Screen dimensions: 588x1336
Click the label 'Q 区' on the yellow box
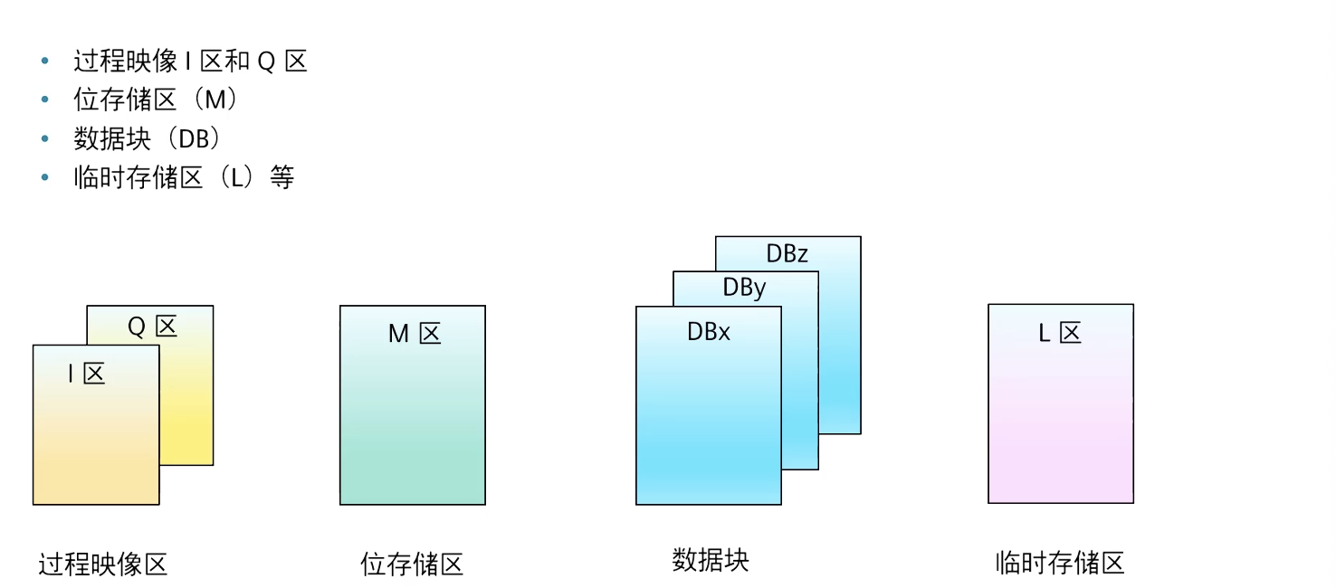151,327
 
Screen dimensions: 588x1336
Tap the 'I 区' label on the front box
87,373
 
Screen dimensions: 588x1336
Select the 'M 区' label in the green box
415,334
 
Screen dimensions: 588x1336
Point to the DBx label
709,332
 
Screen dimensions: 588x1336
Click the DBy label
744,288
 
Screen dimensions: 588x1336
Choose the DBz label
787,254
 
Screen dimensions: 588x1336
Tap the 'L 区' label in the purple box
1060,333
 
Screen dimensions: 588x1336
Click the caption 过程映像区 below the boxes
103,564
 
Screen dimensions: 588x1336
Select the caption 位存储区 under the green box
412,564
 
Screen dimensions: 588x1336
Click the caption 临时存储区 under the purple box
1060,563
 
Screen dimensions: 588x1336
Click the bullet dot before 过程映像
45,62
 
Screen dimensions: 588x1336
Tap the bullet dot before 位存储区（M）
45,100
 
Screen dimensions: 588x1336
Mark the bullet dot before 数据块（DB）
45,138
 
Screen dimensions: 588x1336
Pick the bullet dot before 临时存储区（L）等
45,177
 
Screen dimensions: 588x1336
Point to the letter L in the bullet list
237,177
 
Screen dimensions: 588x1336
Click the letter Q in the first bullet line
266,62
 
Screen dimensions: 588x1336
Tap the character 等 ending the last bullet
282,177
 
